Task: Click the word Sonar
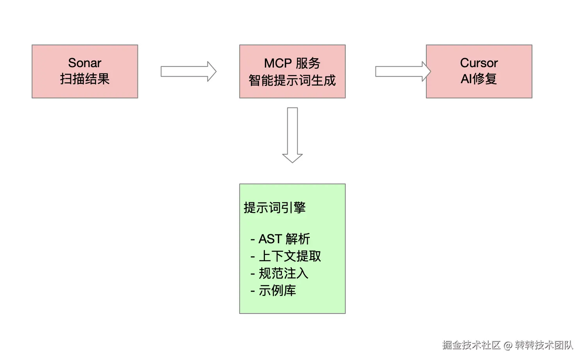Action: tap(84, 63)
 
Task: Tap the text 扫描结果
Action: tap(85, 79)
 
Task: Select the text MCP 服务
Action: tap(292, 64)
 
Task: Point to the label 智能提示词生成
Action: tap(292, 80)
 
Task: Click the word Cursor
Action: tap(479, 63)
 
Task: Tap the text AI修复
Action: tap(479, 79)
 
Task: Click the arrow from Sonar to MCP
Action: tap(188, 71)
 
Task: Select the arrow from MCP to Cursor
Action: tap(403, 71)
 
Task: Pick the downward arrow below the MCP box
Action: tap(292, 135)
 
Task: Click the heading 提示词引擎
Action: tap(275, 208)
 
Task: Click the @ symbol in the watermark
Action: tap(508, 346)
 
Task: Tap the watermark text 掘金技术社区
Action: tap(471, 345)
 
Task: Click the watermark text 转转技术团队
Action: tap(544, 345)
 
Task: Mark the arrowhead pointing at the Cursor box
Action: tap(426, 71)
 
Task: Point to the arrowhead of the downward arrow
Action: tap(292, 159)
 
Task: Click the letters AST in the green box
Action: tap(270, 239)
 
